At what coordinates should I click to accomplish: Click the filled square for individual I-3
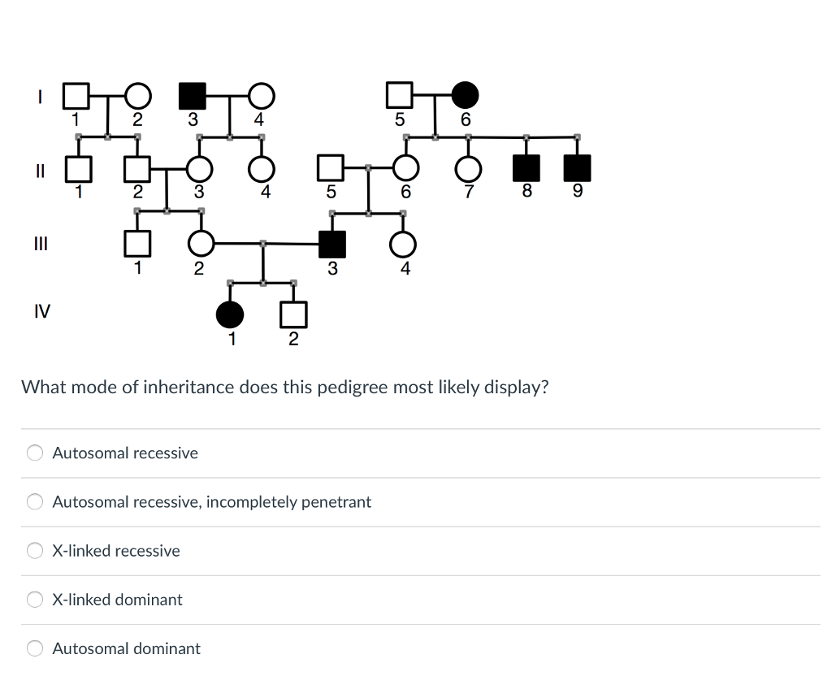tap(192, 96)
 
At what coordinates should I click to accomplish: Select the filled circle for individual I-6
tap(465, 96)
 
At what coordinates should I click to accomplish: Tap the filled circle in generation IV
tap(230, 313)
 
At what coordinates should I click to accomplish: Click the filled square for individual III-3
tap(331, 244)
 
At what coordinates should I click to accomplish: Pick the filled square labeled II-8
tap(526, 168)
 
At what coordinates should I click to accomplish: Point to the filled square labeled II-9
tap(577, 168)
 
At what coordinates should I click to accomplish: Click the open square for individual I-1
tap(76, 96)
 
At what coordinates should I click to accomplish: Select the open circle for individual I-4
tap(260, 96)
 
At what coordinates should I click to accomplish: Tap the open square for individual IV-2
tap(293, 313)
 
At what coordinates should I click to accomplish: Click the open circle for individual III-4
tap(403, 244)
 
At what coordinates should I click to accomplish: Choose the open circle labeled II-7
tap(468, 168)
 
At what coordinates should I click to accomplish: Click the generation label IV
tap(41, 310)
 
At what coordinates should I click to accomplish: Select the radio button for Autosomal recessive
tap(35, 453)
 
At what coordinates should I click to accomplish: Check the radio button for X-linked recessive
tap(35, 551)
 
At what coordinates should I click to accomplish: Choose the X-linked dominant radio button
tap(35, 600)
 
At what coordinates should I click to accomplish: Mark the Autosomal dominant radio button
tap(35, 648)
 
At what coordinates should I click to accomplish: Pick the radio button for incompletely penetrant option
tap(35, 502)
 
